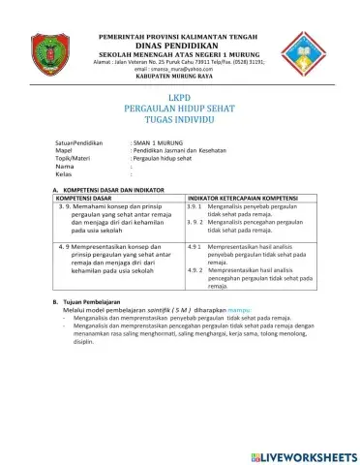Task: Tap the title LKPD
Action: point(181,98)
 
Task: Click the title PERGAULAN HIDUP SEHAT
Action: point(180,110)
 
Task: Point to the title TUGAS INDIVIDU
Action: point(180,123)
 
